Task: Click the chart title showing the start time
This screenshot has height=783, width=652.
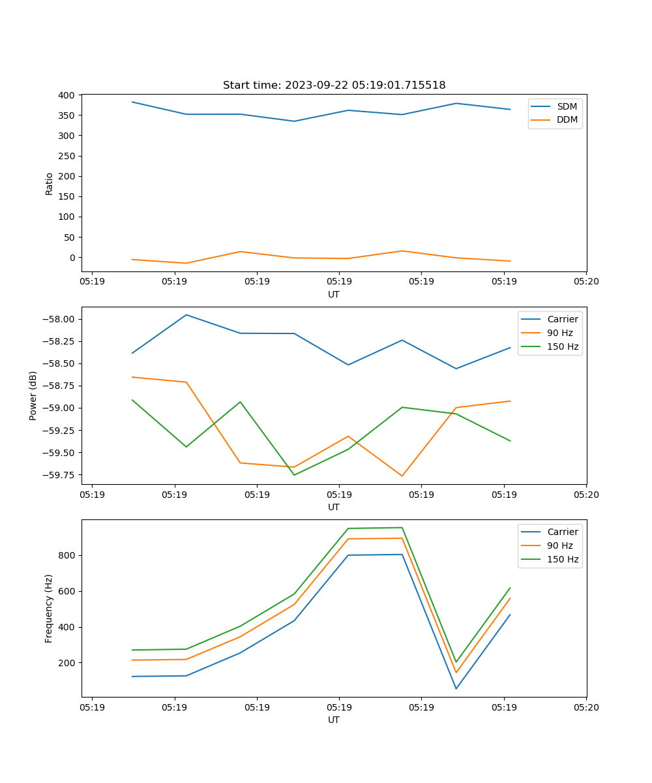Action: [x=334, y=85]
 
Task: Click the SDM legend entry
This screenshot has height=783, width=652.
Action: [x=567, y=106]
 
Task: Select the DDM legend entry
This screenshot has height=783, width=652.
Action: [x=567, y=119]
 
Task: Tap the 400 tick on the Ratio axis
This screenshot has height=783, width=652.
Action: [x=67, y=95]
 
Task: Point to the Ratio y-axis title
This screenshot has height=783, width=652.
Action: [x=50, y=183]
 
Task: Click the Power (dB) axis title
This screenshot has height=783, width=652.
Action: [x=33, y=395]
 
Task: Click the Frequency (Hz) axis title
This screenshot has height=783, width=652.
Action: [x=49, y=608]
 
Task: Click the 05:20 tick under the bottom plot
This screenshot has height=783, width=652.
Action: [x=586, y=707]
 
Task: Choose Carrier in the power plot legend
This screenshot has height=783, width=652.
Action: [x=562, y=319]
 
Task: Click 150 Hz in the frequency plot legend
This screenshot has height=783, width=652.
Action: [x=563, y=559]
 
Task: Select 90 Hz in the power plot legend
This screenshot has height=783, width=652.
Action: [x=559, y=333]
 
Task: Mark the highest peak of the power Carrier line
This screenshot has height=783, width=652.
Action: [x=186, y=315]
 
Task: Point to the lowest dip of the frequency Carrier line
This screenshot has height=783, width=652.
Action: [x=456, y=688]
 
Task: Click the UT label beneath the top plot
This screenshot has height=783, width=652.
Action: [x=334, y=294]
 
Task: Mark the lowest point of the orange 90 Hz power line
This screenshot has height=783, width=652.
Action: [x=402, y=476]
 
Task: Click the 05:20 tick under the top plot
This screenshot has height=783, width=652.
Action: [x=586, y=281]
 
